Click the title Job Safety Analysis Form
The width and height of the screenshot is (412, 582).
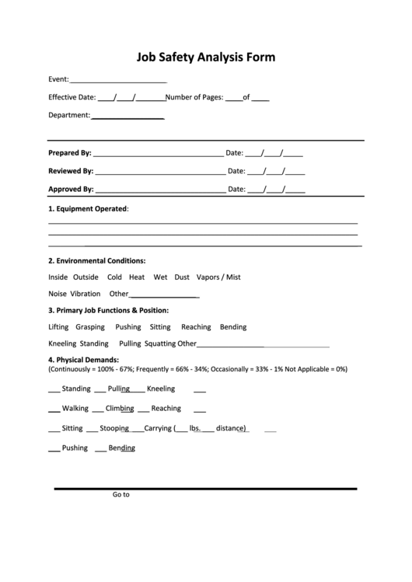coord(206,57)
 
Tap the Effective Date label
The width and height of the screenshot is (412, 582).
coord(72,98)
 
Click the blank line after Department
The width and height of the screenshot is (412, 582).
coord(127,117)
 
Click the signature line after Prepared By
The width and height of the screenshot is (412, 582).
coord(158,155)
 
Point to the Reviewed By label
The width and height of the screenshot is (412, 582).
coord(71,171)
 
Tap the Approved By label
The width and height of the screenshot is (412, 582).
coord(71,189)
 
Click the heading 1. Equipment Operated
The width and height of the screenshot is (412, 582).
coord(88,209)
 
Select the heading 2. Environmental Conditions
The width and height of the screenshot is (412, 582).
coord(96,261)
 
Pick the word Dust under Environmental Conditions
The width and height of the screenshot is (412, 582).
coord(182,277)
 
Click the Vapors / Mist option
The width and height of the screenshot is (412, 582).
coord(218,277)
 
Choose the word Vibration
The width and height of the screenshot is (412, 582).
coord(86,294)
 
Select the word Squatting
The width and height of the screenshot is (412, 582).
coord(160,343)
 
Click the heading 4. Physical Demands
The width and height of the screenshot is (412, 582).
coord(83,360)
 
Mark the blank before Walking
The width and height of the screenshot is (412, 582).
coord(54,409)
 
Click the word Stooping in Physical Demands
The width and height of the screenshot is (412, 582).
coord(114,428)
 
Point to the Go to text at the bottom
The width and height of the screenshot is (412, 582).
coord(120,494)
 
